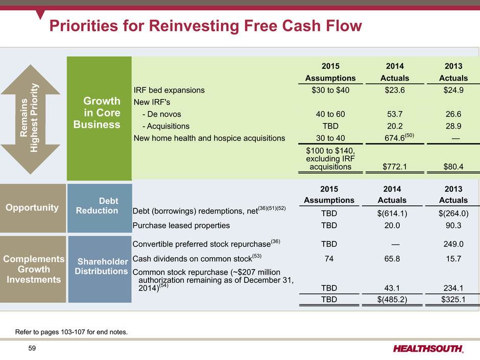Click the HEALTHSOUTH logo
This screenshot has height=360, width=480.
pyautogui.click(x=428, y=349)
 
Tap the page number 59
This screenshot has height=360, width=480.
pyautogui.click(x=32, y=348)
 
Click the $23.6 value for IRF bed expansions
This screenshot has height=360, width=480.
pyautogui.click(x=395, y=90)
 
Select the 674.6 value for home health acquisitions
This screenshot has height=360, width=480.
pyautogui.click(x=395, y=138)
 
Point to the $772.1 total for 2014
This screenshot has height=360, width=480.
pyautogui.click(x=395, y=166)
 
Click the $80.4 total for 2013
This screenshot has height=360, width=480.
pyautogui.click(x=453, y=166)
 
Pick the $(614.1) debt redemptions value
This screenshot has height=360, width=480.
pyautogui.click(x=392, y=213)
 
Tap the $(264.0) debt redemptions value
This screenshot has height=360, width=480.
pyautogui.click(x=453, y=213)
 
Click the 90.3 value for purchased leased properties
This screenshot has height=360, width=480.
pyautogui.click(x=453, y=225)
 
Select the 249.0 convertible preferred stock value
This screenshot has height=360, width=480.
pyautogui.click(x=453, y=244)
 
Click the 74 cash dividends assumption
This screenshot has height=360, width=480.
pyautogui.click(x=329, y=259)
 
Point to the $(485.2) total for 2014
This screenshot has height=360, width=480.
pyautogui.click(x=392, y=299)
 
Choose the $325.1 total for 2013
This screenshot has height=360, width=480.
pyautogui.click(x=453, y=299)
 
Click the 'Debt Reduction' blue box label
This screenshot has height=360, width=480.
pyautogui.click(x=97, y=206)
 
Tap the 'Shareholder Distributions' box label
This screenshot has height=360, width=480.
pyautogui.click(x=101, y=267)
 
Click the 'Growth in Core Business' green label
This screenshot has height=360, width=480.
pyautogui.click(x=97, y=113)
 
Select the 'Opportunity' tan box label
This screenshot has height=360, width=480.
pyautogui.click(x=32, y=207)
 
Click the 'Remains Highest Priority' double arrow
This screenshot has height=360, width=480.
pyautogui.click(x=30, y=119)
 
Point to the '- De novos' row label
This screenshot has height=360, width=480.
pyautogui.click(x=162, y=114)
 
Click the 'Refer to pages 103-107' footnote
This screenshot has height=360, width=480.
pyautogui.click(x=71, y=332)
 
